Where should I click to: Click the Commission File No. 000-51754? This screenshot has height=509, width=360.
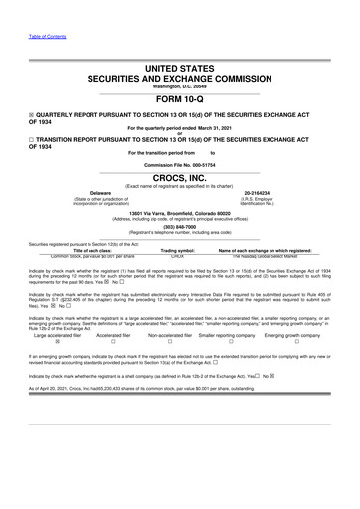(x=179, y=165)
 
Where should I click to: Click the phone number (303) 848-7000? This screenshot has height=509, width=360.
(x=179, y=226)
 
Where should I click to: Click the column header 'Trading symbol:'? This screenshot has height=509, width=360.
(x=177, y=250)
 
